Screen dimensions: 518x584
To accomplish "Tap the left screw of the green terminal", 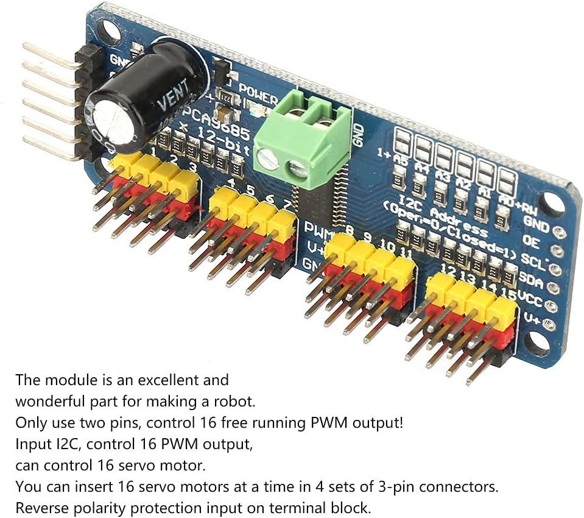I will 268,159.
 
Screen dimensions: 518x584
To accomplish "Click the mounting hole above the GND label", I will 552,205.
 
